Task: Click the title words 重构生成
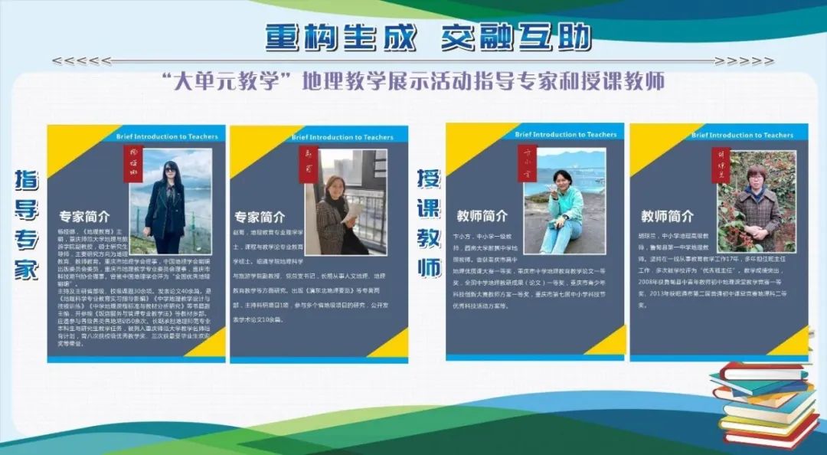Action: [341, 36]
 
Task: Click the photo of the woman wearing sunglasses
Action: [170, 201]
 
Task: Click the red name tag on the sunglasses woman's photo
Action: [133, 162]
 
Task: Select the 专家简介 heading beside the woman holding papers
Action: [260, 217]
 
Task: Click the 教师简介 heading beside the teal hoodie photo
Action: [482, 215]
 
